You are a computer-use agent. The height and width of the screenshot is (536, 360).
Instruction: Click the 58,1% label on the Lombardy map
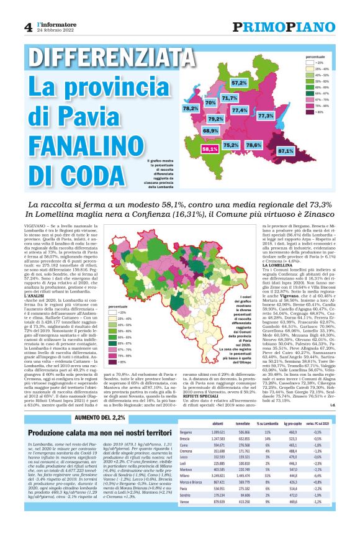pos(209,149)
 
